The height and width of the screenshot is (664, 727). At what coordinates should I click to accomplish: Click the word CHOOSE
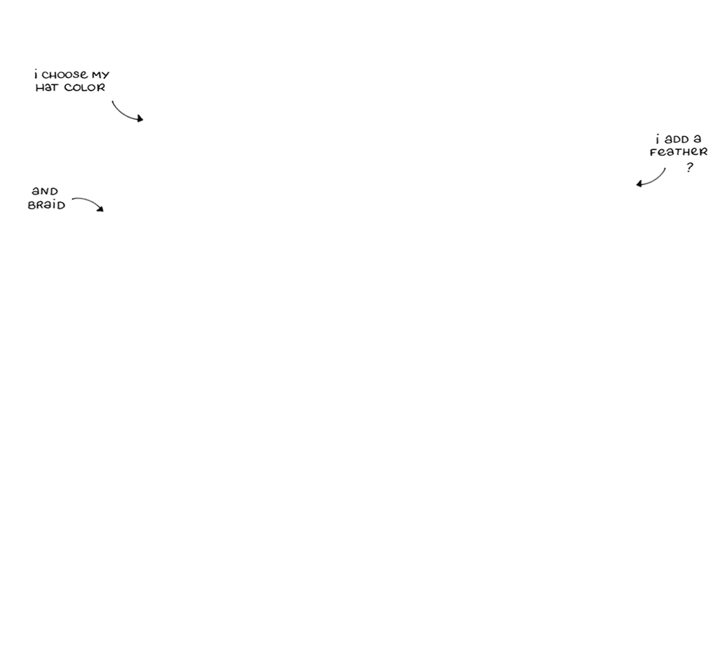coord(65,74)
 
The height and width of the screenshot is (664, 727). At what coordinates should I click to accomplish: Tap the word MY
coord(100,75)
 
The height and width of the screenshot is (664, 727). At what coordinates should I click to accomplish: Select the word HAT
coord(47,88)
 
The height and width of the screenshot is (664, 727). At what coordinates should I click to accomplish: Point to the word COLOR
coord(84,88)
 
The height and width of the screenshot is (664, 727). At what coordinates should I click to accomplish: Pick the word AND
coord(45,191)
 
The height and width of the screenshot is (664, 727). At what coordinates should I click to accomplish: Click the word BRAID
coord(46,204)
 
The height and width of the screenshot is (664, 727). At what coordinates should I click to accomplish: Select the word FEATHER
coord(679,152)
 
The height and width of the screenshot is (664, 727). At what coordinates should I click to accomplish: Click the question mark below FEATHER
coord(690,167)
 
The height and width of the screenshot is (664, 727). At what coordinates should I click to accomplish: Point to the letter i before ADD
coord(657,138)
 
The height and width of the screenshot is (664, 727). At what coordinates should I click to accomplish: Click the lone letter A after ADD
coord(697,139)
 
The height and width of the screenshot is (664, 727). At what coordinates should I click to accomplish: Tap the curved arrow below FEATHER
coord(655,179)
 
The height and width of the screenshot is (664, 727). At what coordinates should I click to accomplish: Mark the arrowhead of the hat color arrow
coord(140,119)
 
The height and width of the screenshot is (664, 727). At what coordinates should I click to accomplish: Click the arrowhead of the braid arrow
coord(100,209)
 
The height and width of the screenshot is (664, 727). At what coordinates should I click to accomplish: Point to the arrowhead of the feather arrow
coord(639,183)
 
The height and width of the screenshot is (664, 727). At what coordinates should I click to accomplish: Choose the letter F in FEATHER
coord(653,152)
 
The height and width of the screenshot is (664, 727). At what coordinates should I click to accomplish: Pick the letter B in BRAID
coord(32,205)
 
